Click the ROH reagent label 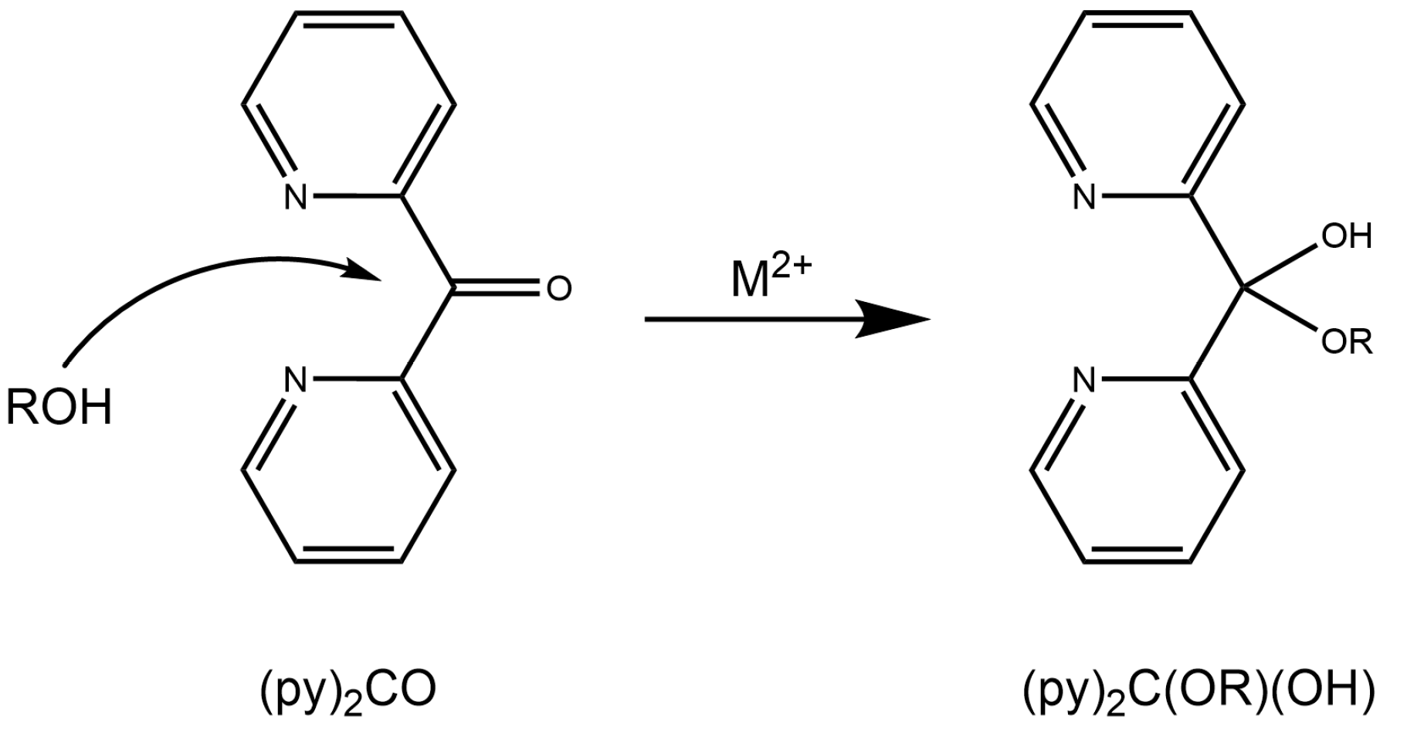click(x=59, y=407)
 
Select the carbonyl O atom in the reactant click(x=558, y=289)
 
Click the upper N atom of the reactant click(x=295, y=197)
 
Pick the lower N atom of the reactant click(x=295, y=380)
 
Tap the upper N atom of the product click(x=1085, y=197)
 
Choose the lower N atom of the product click(x=1085, y=380)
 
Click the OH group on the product click(x=1347, y=236)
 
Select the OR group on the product click(x=1347, y=341)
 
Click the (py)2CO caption click(x=347, y=690)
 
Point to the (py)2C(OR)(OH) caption click(x=1198, y=690)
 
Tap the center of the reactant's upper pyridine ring click(x=348, y=105)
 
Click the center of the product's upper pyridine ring click(x=1137, y=105)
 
